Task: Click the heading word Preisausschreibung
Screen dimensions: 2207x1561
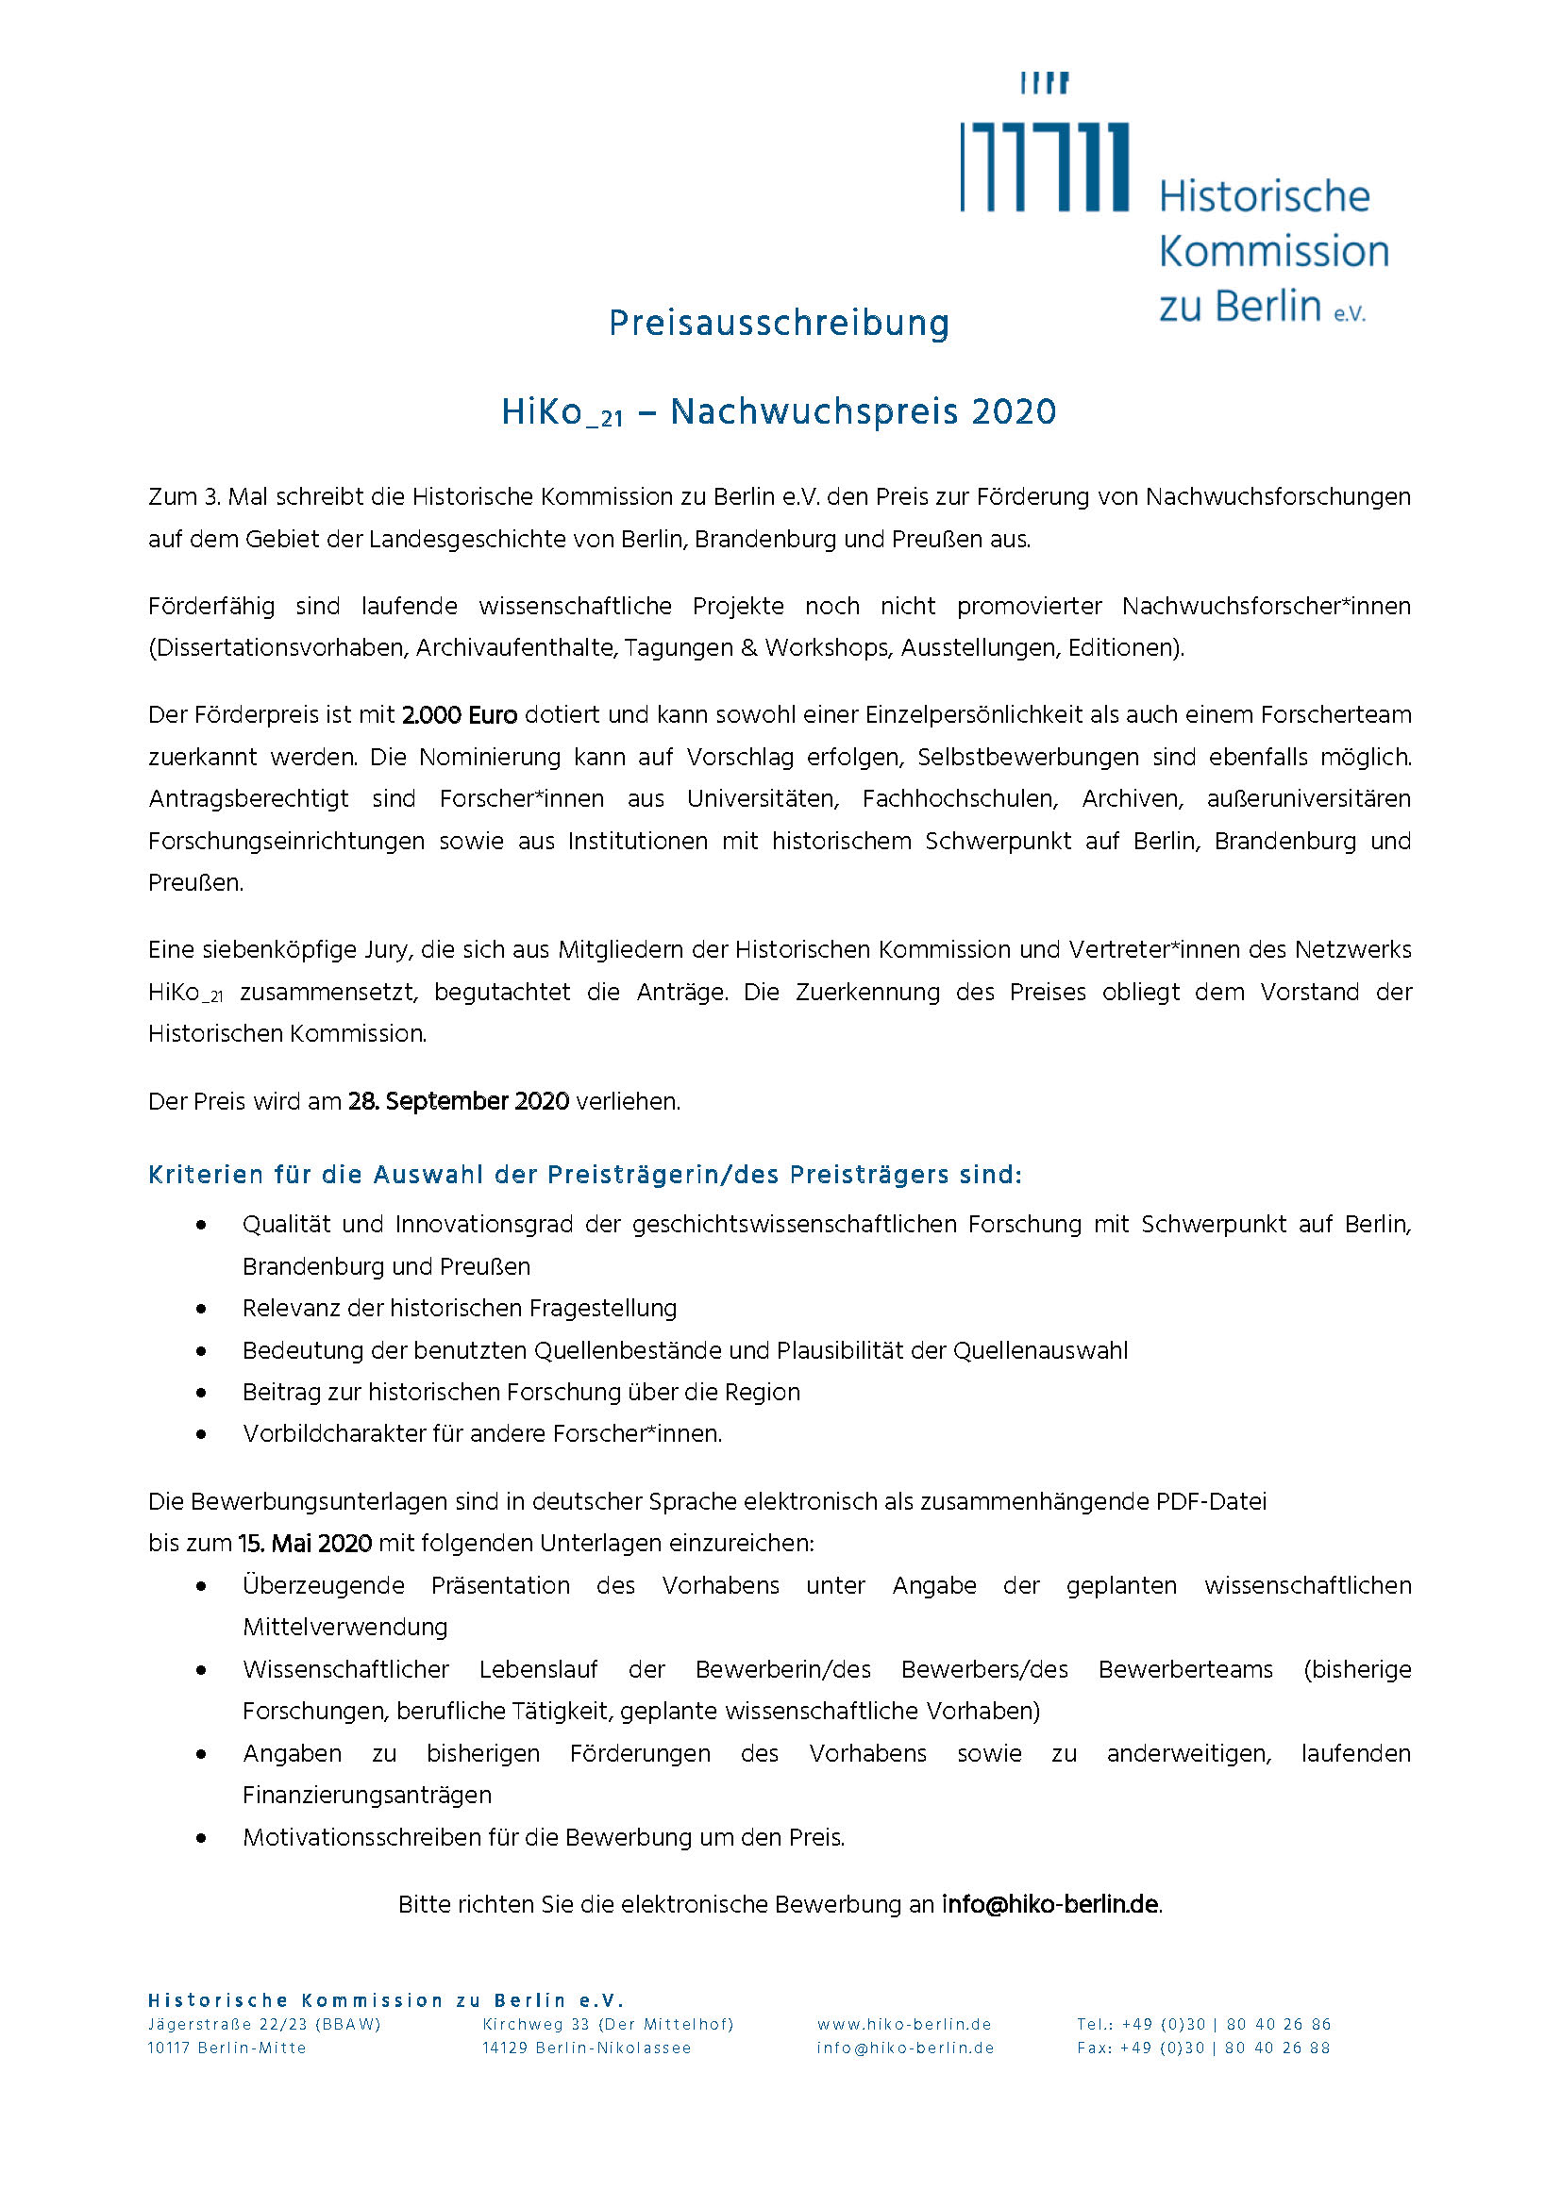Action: click(x=779, y=323)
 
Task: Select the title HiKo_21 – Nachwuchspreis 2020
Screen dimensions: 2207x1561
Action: click(x=779, y=412)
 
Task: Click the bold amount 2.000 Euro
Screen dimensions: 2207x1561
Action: click(x=460, y=715)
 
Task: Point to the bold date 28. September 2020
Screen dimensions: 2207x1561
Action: click(x=459, y=1101)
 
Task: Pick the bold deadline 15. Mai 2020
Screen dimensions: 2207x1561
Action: click(x=305, y=1544)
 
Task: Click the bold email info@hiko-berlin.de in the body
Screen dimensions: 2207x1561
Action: click(x=1049, y=1904)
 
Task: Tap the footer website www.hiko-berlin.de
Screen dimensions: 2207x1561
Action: click(x=904, y=2024)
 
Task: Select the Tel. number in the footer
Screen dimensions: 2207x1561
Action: click(x=1203, y=2024)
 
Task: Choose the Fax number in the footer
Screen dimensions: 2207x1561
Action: click(x=1203, y=2048)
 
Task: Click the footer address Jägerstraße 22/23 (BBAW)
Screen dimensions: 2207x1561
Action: click(x=264, y=2024)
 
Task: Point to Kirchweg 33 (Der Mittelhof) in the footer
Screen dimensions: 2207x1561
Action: click(x=608, y=2024)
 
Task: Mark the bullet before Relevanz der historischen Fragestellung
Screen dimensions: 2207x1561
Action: click(x=201, y=1310)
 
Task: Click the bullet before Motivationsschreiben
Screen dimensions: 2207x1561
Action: click(x=201, y=1838)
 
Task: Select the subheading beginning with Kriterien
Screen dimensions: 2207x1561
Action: click(x=584, y=1175)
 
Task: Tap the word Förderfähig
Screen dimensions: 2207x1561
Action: click(x=210, y=607)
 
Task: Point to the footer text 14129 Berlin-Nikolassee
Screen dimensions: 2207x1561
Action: click(x=586, y=2048)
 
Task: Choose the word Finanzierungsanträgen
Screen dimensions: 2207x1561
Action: click(x=367, y=1796)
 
